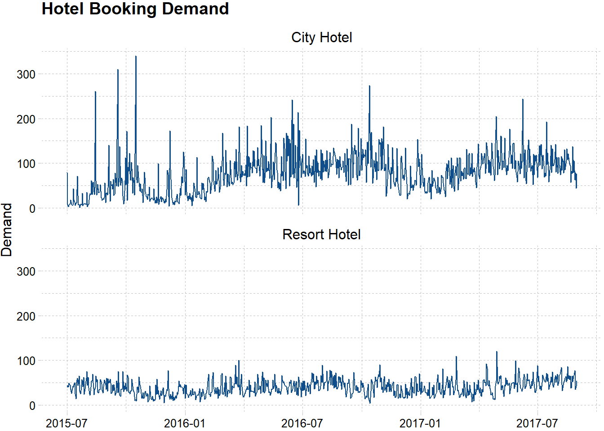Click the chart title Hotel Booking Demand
[135, 9]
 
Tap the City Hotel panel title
[321, 37]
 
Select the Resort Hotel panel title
[321, 234]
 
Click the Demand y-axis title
[7, 229]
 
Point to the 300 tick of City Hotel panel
[26, 75]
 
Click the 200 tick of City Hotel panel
[26, 119]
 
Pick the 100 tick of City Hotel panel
[26, 164]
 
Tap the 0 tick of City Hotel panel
[32, 209]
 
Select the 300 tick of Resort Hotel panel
[26, 272]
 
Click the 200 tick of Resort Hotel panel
[26, 317]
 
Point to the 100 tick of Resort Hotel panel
[26, 361]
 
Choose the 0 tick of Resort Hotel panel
[32, 406]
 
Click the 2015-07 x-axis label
[67, 423]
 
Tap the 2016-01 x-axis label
[185, 423]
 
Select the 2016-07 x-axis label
[302, 423]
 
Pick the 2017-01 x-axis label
[420, 423]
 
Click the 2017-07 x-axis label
[537, 423]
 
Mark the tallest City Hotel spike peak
[136, 57]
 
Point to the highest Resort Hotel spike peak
[497, 352]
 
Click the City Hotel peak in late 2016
[369, 86]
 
